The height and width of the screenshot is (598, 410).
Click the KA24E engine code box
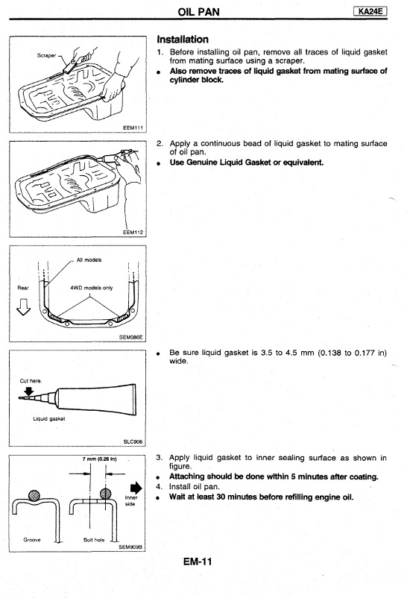370,12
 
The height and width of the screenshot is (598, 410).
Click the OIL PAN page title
199,12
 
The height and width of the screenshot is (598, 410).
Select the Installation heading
183,40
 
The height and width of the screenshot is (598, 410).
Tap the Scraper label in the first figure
46,55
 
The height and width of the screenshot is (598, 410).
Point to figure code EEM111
133,128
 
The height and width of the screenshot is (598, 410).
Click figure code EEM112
133,232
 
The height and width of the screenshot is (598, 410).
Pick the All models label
89,259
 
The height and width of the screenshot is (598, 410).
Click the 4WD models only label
92,288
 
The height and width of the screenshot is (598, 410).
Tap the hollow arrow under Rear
24,307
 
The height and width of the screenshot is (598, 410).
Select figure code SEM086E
130,337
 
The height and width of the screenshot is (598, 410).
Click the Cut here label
31,380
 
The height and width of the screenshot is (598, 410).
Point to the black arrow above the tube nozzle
29,391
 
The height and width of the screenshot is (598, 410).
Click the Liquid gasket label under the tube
48,418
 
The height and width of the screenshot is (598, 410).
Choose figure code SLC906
133,441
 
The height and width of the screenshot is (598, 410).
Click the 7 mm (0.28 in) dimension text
100,459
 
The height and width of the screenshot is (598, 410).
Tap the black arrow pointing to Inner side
136,488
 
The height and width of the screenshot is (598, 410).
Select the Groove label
32,540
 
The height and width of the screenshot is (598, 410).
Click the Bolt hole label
94,540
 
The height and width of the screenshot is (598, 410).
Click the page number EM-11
198,561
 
